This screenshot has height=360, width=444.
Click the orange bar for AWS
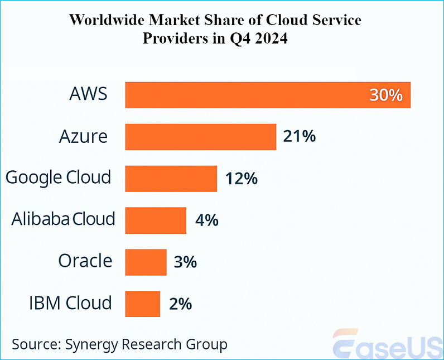(245, 95)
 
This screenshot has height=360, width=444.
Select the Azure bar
(201, 137)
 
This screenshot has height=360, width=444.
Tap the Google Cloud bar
(171, 179)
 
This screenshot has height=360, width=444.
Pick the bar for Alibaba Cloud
(156, 220)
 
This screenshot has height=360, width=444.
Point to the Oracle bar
(146, 262)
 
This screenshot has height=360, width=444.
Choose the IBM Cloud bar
(143, 304)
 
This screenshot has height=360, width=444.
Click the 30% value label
(385, 95)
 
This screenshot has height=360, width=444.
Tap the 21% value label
(300, 136)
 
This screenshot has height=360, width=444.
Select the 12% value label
(241, 179)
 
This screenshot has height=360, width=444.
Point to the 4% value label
(206, 220)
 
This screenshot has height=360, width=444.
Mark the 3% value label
(185, 262)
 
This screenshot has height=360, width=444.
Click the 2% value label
(180, 304)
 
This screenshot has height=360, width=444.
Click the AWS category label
(88, 94)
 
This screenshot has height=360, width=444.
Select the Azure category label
(83, 136)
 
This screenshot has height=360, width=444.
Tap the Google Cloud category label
(58, 177)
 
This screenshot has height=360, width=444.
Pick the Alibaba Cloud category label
(63, 219)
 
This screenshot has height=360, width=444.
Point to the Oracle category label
(85, 261)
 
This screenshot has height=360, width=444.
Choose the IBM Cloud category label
(70, 303)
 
